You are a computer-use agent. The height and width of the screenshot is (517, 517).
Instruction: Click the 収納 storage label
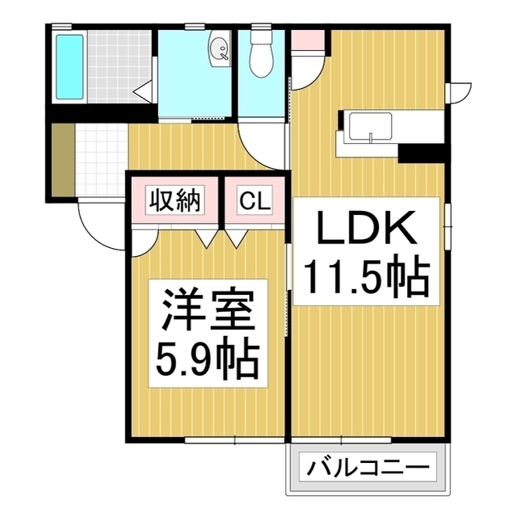(174, 199)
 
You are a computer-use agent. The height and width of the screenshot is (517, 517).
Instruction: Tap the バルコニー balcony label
(368, 467)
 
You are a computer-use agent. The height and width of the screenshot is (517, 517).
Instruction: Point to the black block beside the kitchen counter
(422, 152)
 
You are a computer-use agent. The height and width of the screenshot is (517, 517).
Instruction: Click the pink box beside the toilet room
(305, 39)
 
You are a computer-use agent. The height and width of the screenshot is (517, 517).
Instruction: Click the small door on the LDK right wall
(457, 91)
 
